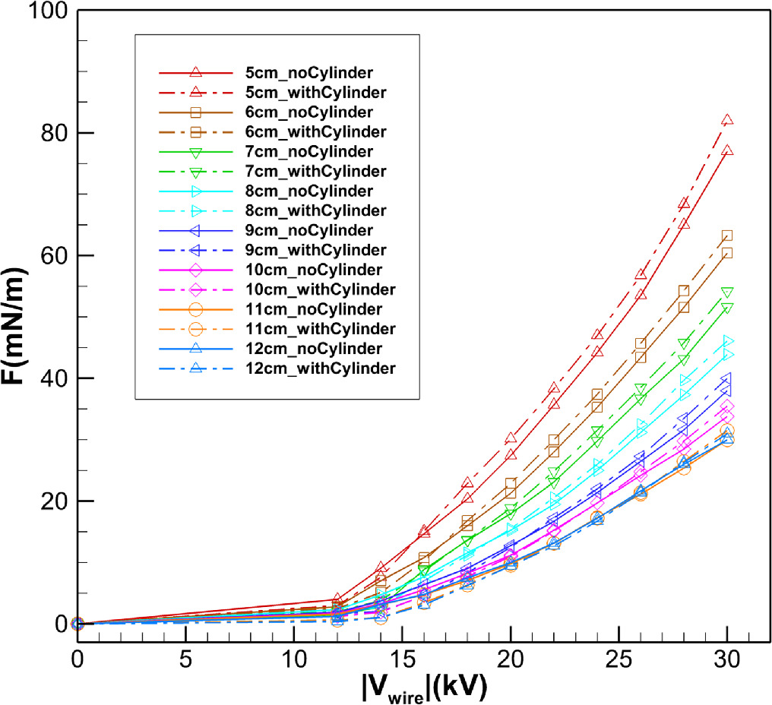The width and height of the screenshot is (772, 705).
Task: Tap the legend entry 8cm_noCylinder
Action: pos(299,191)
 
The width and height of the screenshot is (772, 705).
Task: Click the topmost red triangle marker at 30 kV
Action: pos(727,120)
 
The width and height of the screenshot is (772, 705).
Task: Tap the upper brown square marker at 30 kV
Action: pos(727,236)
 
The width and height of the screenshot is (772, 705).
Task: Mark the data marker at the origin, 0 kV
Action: pos(77,624)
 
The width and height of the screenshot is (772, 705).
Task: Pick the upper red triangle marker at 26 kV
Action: pos(641,274)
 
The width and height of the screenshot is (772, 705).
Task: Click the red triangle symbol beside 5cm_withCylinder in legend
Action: pos(195,92)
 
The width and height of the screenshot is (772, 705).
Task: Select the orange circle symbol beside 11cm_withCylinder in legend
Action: pos(195,329)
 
